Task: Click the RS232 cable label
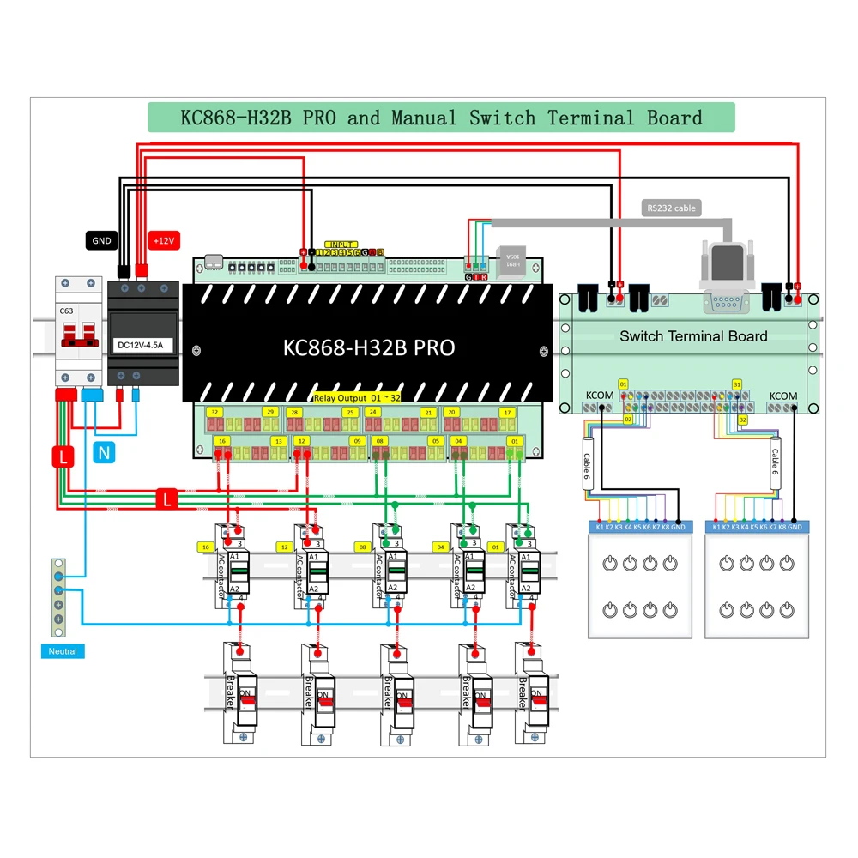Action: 671,208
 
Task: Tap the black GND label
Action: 101,241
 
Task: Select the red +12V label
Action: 162,241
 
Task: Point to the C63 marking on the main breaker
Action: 65,312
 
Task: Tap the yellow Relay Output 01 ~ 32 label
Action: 356,398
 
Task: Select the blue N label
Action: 103,453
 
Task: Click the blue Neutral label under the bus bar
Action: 63,651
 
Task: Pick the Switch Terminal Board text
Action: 693,336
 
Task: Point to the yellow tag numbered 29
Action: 269,413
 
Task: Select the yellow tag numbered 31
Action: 736,384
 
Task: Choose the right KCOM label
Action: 782,396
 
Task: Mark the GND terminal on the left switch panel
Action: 679,526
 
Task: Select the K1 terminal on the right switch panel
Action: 716,526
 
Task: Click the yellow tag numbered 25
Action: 349,413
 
